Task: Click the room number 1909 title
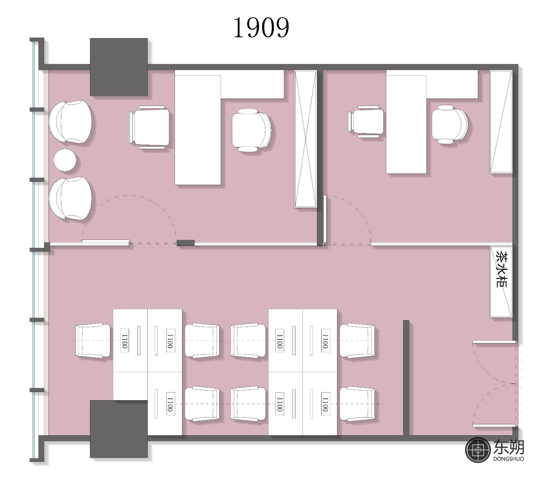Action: coord(261,27)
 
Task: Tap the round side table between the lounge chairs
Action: coord(65,160)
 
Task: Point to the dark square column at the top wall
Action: coord(119,67)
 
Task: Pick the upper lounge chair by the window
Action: coord(70,122)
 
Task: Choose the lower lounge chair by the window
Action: coord(70,198)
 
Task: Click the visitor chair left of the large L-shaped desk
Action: coord(149,127)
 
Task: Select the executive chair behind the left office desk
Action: coord(251,130)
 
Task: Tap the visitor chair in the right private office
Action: coord(366,122)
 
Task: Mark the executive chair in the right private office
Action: coord(449,124)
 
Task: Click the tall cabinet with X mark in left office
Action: coord(306,139)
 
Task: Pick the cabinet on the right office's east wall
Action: coord(501,122)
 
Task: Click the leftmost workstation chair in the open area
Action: coord(93,341)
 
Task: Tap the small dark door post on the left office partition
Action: coord(186,243)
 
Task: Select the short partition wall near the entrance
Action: coord(406,378)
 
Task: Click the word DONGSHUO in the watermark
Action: coord(508,459)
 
